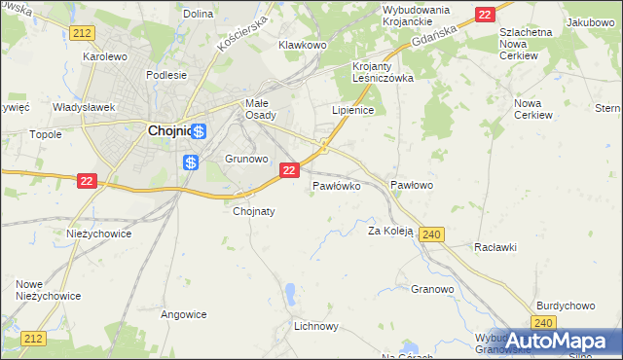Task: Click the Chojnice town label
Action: (x=167, y=131)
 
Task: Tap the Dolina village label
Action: (x=198, y=14)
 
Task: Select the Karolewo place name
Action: (x=105, y=56)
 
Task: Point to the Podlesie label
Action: (x=165, y=74)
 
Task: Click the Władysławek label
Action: (x=84, y=107)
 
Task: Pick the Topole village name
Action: (x=46, y=134)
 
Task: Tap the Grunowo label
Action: (x=246, y=158)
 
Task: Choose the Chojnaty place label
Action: (x=255, y=210)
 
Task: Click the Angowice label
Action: (x=184, y=314)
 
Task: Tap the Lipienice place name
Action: (x=353, y=111)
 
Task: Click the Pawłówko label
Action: (x=337, y=184)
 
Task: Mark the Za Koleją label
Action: (x=390, y=231)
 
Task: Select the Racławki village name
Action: (x=495, y=247)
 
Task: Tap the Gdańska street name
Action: (x=434, y=39)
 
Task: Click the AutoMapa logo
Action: (x=558, y=341)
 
